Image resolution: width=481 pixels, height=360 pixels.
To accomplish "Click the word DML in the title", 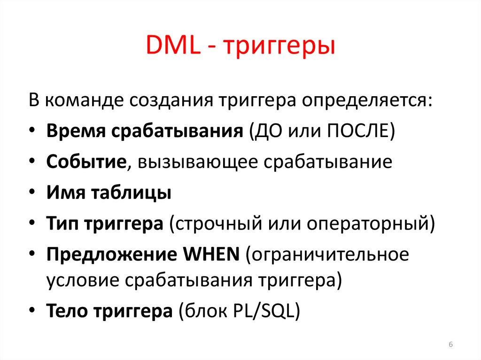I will click(171, 48).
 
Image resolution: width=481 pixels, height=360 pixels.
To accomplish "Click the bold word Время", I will click(76, 130).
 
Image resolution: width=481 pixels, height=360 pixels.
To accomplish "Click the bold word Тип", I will click(62, 223).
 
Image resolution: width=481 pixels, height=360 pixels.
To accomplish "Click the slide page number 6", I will click(450, 345).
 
